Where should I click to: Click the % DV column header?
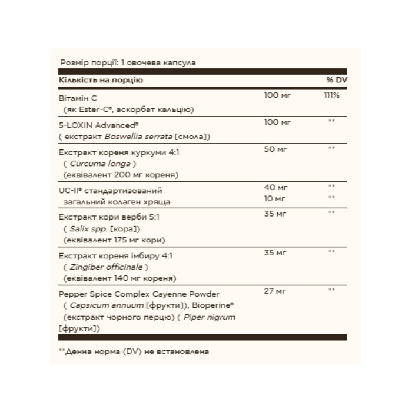pos(333,79)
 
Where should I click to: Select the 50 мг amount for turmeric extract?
pos(275,148)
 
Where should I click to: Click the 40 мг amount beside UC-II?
pos(275,187)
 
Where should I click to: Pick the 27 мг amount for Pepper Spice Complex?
pos(275,290)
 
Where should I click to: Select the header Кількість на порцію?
pos(101,79)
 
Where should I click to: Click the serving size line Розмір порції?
pos(128,62)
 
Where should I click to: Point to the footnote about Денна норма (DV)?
pos(134,351)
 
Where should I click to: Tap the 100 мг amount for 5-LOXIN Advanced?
pos(278,121)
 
